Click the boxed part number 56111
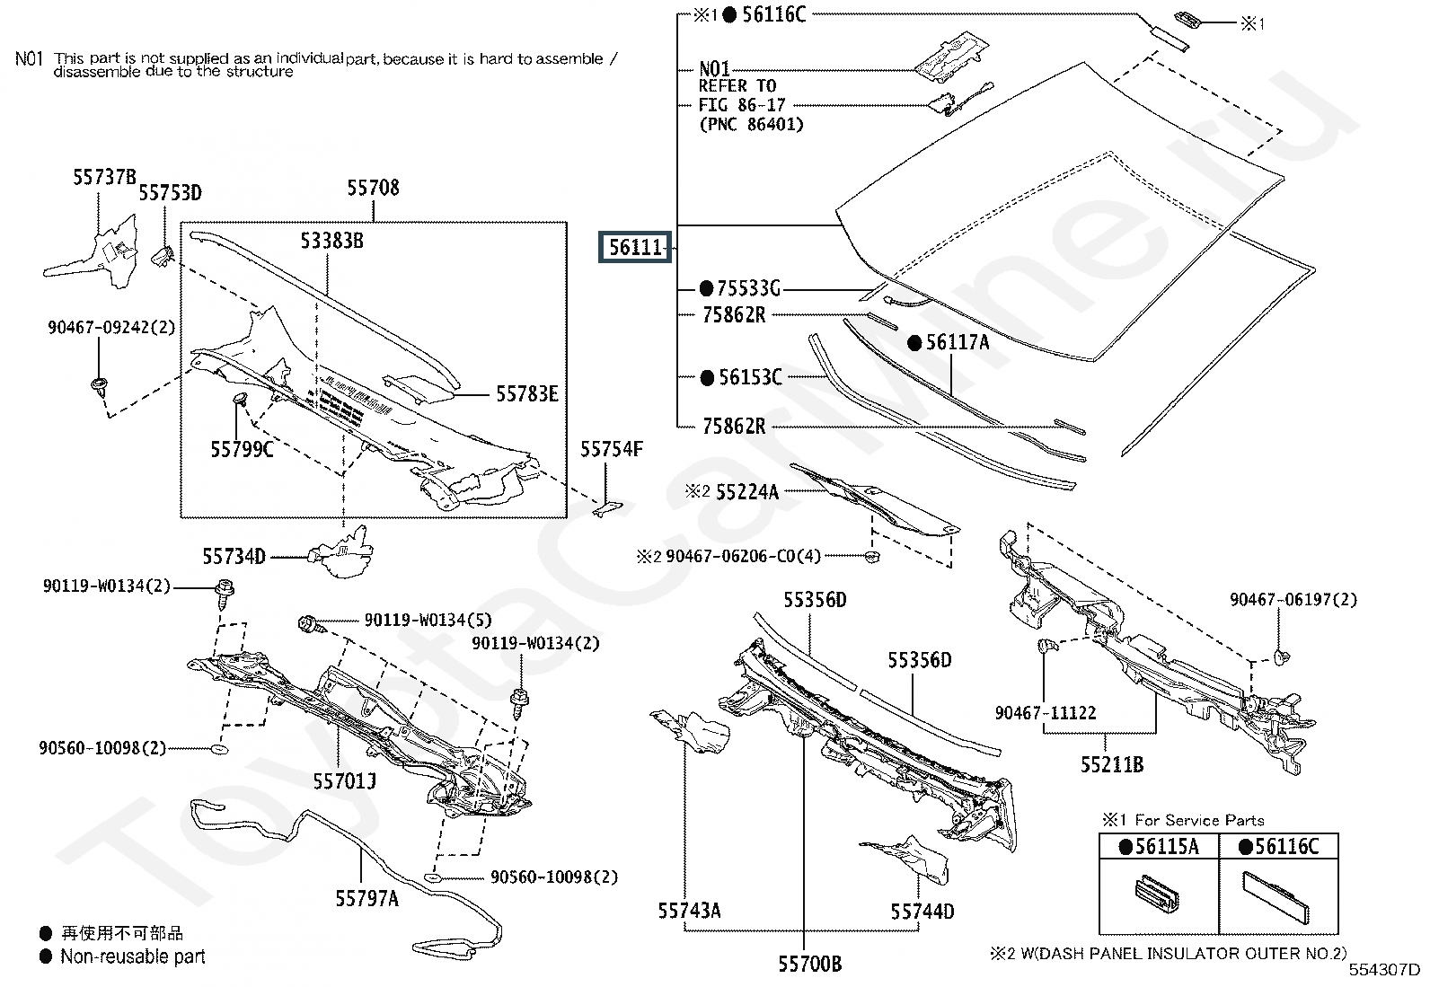636,247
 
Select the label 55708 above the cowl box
373,188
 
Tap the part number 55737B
104,178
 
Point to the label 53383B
331,241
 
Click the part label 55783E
527,393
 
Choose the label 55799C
242,449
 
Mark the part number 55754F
611,449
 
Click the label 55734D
234,557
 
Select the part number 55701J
344,781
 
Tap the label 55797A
366,898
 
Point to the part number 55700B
810,964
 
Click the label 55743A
689,911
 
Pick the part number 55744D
922,912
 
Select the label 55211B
1112,764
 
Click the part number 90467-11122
1046,713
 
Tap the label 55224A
746,491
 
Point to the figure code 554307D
1383,970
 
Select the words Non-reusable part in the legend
133,957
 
